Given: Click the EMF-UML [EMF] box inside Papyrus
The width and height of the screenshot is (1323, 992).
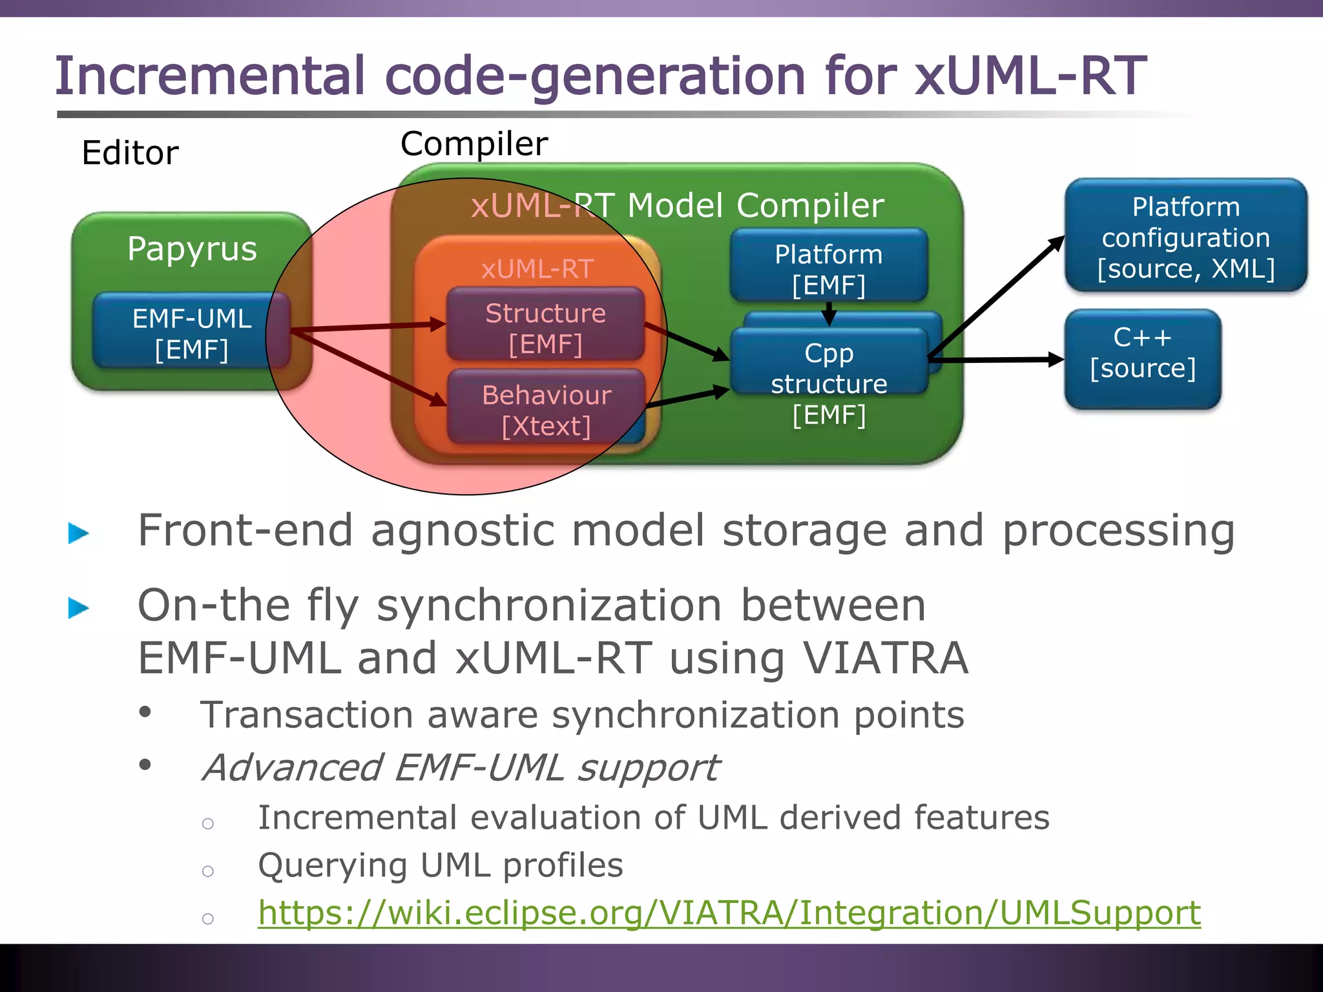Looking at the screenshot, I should (191, 333).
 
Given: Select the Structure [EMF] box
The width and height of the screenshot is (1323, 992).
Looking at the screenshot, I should (545, 327).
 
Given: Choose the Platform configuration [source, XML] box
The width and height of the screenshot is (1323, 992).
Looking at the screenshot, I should (1185, 237).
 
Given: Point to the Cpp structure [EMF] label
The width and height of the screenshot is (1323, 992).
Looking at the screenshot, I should (829, 384).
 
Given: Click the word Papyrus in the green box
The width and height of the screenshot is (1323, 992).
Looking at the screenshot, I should (192, 249).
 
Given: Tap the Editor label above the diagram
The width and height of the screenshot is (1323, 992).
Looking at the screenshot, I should (130, 153).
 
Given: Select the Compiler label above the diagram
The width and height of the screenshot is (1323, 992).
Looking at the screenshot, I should (474, 143).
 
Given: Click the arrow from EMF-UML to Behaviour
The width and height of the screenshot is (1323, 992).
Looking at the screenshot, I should (368, 369).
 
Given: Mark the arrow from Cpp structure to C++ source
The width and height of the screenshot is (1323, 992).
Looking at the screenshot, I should (995, 360).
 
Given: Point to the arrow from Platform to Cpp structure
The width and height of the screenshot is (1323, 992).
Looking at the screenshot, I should (829, 315).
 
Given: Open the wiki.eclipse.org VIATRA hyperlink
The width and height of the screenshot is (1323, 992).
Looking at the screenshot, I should (729, 913).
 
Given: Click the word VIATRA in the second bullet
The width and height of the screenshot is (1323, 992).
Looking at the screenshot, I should (885, 658).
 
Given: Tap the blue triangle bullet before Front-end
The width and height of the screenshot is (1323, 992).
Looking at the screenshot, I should (78, 533).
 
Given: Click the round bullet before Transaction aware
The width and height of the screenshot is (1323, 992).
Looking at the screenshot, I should (145, 712).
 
